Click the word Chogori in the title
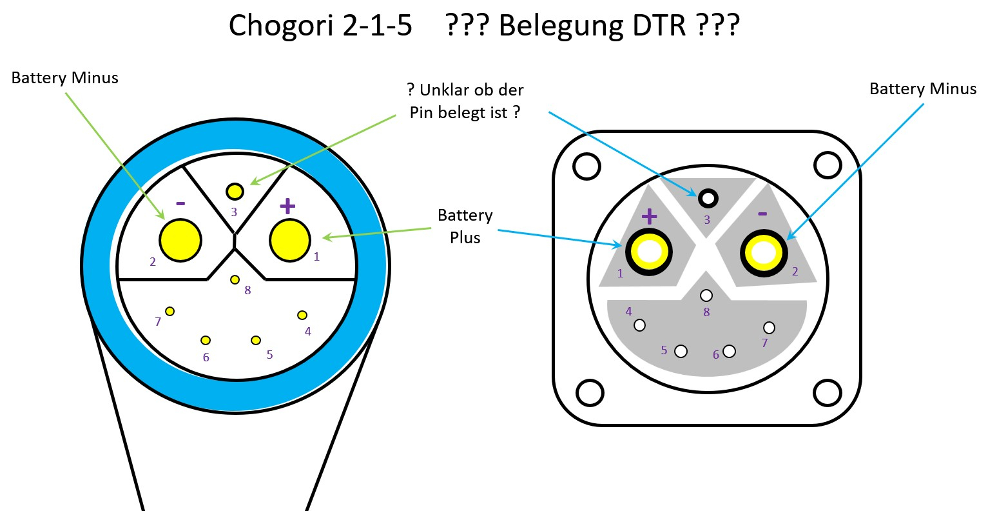click(282, 26)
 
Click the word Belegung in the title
click(561, 26)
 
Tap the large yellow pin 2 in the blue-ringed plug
click(180, 240)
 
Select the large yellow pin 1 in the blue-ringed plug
click(290, 240)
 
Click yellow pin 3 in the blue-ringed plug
click(235, 192)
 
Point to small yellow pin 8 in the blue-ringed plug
click(235, 279)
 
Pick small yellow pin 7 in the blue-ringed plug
click(170, 312)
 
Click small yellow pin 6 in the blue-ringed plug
click(206, 340)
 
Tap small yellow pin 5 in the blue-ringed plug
click(256, 340)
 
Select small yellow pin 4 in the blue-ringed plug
click(302, 315)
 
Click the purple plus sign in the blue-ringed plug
click(287, 206)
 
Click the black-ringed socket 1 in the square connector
click(649, 252)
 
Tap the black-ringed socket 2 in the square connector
click(764, 253)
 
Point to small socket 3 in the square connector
click(708, 198)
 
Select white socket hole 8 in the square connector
click(706, 296)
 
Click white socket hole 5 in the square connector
click(681, 352)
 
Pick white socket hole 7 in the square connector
click(769, 328)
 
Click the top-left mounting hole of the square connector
click(586, 166)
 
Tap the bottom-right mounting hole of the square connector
click(828, 393)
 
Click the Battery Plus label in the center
click(465, 226)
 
